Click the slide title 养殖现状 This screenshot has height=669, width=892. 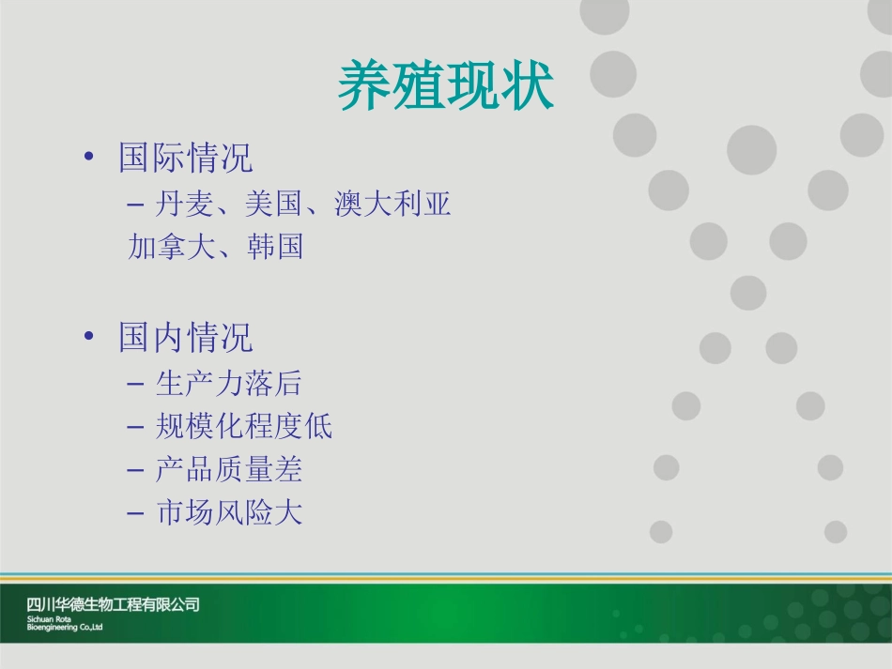[446, 86]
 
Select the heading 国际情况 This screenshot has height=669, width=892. [185, 158]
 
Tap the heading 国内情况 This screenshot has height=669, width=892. [185, 338]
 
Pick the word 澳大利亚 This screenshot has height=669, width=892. [392, 205]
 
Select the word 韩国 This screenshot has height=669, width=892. [275, 248]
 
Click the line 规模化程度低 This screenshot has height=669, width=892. [243, 427]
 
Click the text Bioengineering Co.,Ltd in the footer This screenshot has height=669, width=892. [65, 628]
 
